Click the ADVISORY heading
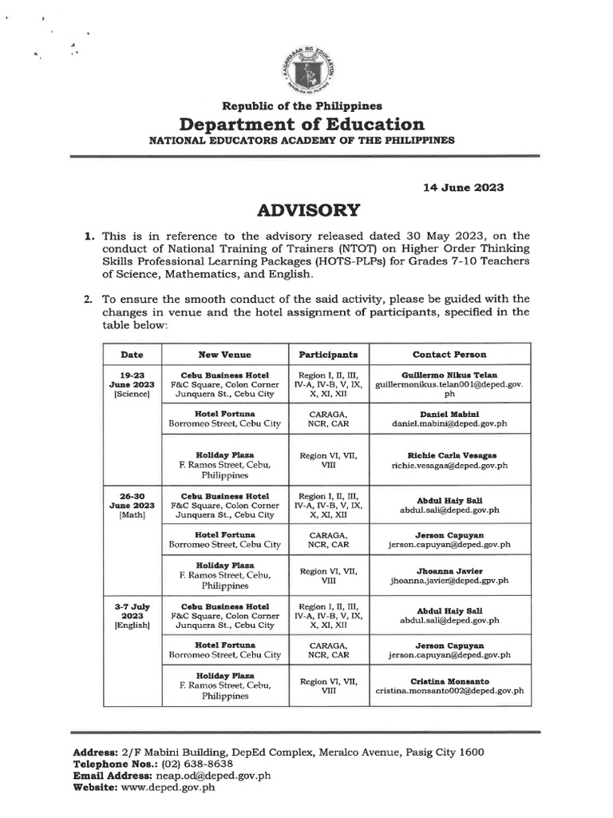click(307, 210)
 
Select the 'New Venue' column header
click(224, 354)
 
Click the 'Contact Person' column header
click(449, 354)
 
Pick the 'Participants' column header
click(328, 354)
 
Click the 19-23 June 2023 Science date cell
click(132, 384)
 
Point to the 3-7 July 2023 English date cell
click(132, 618)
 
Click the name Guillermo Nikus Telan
click(449, 374)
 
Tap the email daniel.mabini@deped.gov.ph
click(449, 425)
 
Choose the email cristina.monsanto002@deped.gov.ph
click(449, 692)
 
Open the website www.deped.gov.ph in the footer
click(168, 786)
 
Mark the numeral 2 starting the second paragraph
click(89, 300)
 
